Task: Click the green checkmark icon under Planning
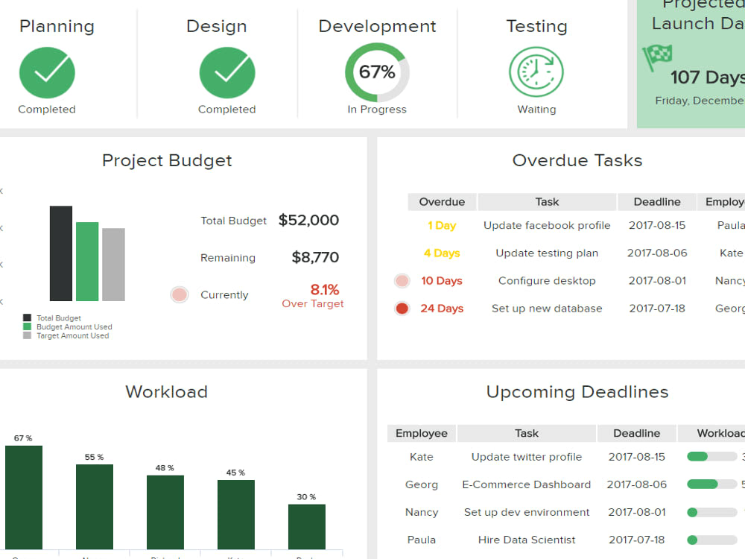47,72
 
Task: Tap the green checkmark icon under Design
227,72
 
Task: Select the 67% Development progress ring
377,72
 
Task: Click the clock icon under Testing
536,72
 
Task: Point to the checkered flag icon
657,56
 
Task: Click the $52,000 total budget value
308,220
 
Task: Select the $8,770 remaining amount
315,257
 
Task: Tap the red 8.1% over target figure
324,289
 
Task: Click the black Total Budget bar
61,253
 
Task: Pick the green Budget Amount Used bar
87,261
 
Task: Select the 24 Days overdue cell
442,308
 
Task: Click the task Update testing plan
547,253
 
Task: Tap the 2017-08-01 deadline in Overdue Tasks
657,280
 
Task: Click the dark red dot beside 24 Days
402,308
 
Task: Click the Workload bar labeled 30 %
307,526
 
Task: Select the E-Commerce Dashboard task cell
526,484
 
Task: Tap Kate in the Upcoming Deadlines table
422,457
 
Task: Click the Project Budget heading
167,160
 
